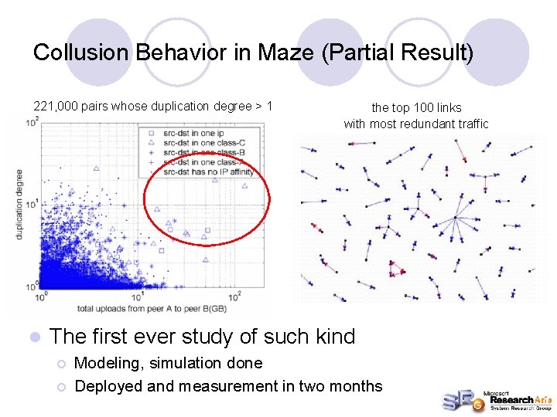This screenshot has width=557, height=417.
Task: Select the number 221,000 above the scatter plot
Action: click(56, 107)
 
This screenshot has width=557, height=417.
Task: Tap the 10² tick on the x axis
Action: click(235, 296)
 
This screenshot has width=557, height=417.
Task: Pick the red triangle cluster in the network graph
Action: click(398, 270)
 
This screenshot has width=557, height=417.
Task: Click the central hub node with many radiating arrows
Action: click(456, 217)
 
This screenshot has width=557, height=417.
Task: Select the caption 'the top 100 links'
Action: click(416, 108)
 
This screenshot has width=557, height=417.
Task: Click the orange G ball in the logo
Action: click(469, 400)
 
